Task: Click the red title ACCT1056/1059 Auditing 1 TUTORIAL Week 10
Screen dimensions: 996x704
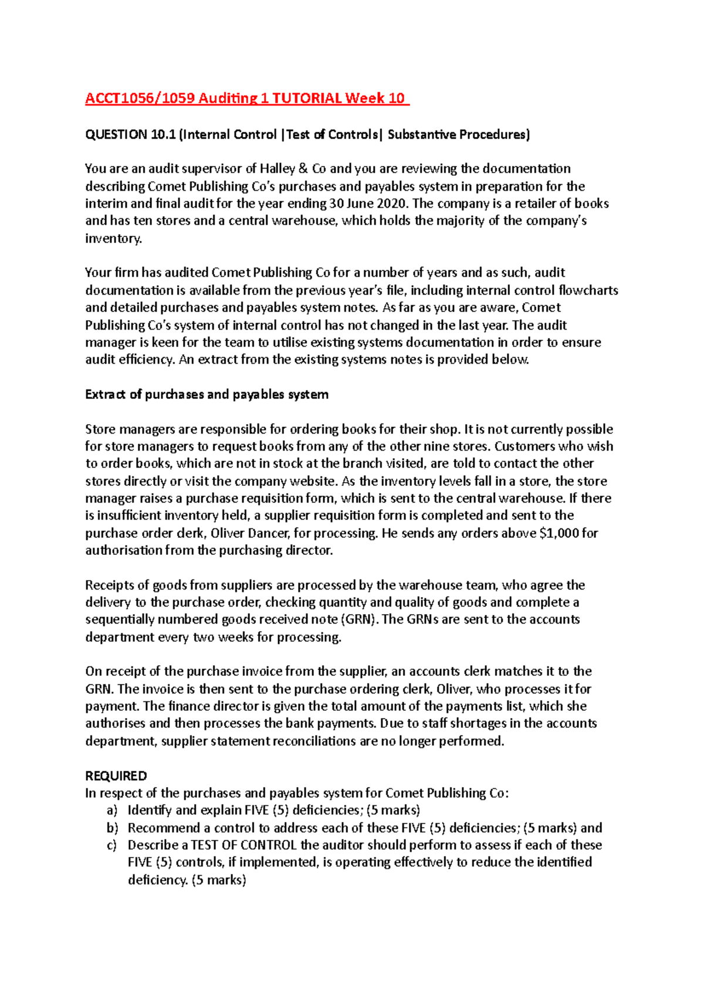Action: (246, 98)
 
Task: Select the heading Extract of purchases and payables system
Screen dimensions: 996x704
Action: (207, 394)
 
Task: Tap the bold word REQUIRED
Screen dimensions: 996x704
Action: (116, 775)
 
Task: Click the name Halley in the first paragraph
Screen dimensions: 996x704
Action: (277, 169)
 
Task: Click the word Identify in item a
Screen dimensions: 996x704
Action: (150, 810)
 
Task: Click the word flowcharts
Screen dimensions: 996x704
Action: (588, 290)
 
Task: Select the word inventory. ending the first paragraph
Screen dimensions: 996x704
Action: (113, 238)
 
